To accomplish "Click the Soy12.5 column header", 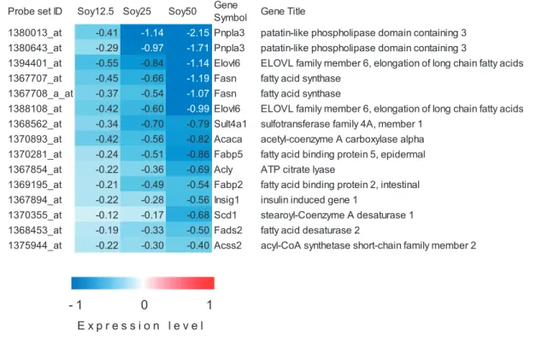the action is pyautogui.click(x=96, y=11).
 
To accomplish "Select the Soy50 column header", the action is pyautogui.click(x=182, y=11).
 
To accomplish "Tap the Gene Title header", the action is pyautogui.click(x=283, y=11).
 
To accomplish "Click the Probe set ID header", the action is pyautogui.click(x=35, y=11).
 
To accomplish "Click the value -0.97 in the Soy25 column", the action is pyautogui.click(x=152, y=48).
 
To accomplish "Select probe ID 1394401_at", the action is pyautogui.click(x=35, y=63).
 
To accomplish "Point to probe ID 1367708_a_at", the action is pyautogui.click(x=40, y=93).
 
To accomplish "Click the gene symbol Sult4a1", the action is pyautogui.click(x=230, y=124).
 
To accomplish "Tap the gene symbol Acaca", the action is pyautogui.click(x=228, y=139).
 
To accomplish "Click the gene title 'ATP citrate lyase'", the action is pyautogui.click(x=297, y=169).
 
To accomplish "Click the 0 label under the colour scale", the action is pyautogui.click(x=144, y=304).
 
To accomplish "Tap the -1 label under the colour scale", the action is pyautogui.click(x=75, y=304).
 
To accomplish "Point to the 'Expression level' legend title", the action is pyautogui.click(x=140, y=326).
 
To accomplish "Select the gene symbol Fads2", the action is pyautogui.click(x=228, y=230).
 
